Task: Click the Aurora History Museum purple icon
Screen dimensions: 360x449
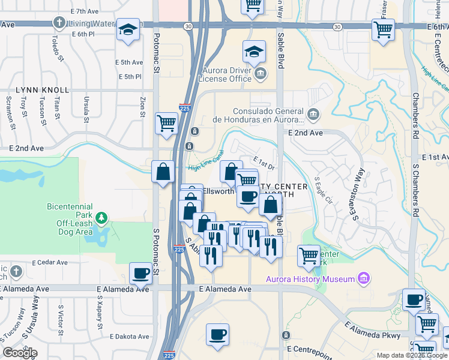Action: (x=362, y=278)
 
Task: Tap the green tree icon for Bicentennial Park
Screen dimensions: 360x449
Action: (x=103, y=217)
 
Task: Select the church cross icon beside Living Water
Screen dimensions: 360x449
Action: (x=59, y=23)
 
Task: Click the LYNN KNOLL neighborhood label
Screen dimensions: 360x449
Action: (x=43, y=90)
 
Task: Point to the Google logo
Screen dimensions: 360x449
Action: (x=20, y=353)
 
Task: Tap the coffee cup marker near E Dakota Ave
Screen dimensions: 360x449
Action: (x=217, y=334)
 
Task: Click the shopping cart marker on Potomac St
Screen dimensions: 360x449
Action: (x=166, y=123)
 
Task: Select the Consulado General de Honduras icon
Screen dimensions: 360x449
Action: (x=312, y=114)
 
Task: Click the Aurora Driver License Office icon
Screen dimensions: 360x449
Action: (x=260, y=74)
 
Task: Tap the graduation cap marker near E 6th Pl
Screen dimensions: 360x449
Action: (x=128, y=30)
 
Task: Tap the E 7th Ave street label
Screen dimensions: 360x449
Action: (x=84, y=11)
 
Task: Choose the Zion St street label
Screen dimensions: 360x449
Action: (x=143, y=107)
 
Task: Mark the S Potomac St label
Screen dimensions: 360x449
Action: (x=155, y=245)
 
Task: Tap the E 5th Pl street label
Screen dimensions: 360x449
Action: (x=130, y=77)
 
